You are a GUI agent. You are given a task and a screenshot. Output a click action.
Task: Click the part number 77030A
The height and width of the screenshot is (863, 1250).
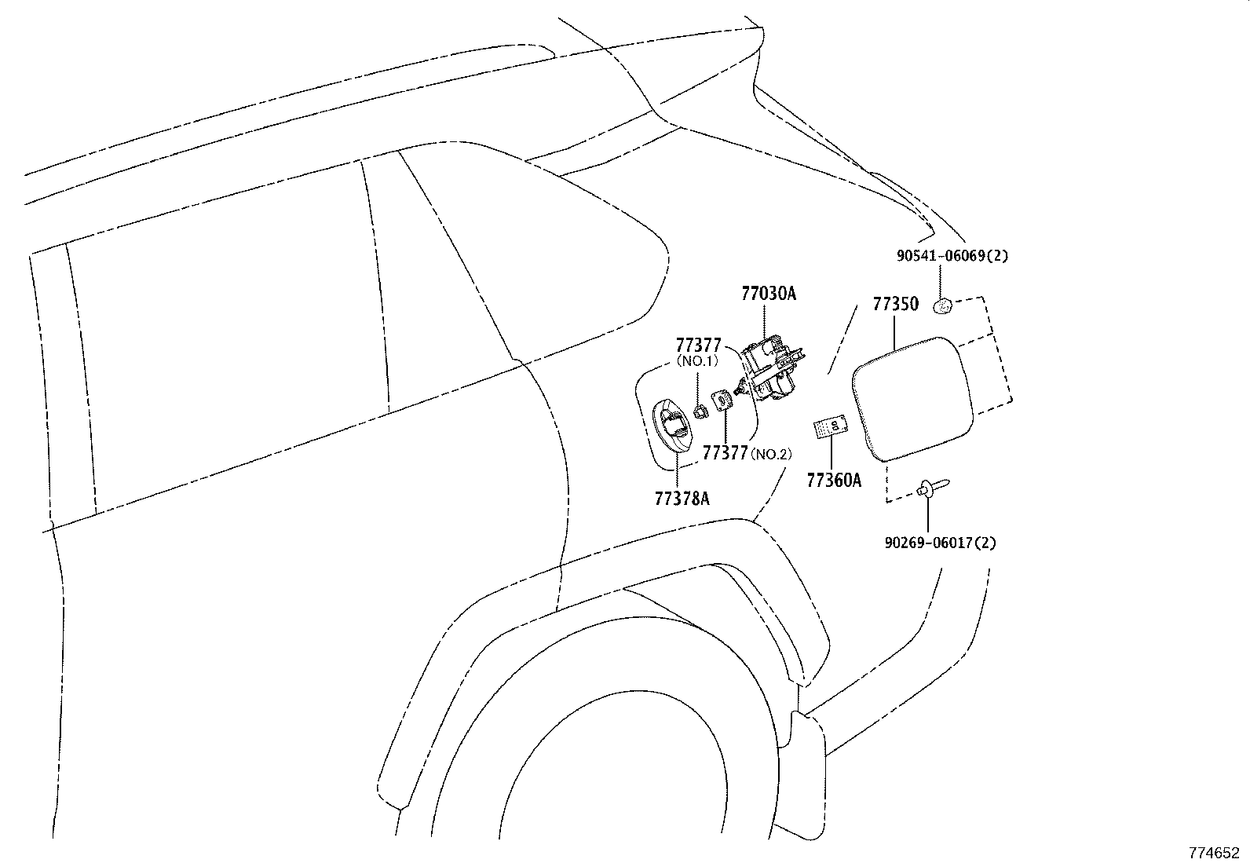point(769,294)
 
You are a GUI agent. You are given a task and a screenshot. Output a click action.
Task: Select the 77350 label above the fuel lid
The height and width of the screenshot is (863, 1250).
point(895,304)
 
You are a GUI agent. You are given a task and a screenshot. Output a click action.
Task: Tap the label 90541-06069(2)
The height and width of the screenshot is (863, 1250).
point(952,256)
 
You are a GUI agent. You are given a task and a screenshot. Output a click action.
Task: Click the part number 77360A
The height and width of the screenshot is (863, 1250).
point(833,480)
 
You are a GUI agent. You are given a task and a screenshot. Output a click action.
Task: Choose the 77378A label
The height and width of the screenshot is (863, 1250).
point(682,498)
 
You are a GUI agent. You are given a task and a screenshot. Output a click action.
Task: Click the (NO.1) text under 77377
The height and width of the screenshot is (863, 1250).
point(698,362)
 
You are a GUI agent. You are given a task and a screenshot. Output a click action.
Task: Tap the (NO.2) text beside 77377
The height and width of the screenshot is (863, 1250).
point(771,453)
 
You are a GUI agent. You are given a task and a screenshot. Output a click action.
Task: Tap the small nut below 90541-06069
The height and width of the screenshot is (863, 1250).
point(943,305)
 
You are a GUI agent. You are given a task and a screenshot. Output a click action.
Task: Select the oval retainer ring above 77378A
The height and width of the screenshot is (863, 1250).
point(673,425)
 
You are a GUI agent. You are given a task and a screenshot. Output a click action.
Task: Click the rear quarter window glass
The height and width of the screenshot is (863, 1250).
point(550,259)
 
